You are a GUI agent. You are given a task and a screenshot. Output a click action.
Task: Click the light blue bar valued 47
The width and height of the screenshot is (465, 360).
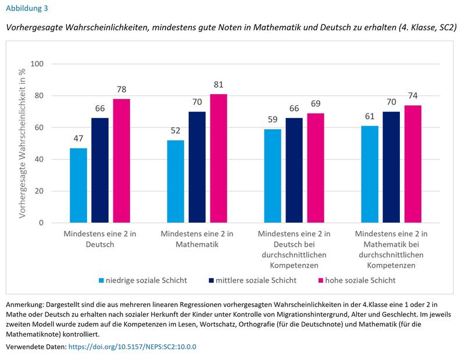pos(78,185)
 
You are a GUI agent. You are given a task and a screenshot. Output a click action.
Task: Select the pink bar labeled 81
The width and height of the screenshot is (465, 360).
pos(219,158)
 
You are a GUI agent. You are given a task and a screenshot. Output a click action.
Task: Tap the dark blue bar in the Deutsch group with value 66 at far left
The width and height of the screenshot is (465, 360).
pos(100,170)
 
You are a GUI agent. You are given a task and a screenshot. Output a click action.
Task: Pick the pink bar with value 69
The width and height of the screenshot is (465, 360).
pos(316,167)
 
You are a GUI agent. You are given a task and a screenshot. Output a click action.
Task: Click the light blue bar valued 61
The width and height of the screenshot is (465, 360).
pos(369,174)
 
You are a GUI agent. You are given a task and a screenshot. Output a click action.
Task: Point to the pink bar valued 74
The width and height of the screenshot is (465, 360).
pos(413,163)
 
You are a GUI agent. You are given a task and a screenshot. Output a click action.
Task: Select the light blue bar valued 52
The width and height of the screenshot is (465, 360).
pos(175,181)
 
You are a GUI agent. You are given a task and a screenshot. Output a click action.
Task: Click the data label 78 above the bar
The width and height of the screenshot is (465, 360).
pos(121,90)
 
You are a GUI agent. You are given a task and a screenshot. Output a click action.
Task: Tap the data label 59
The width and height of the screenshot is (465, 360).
pos(272,120)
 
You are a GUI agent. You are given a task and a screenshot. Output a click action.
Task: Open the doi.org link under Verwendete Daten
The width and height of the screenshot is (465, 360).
pos(133,346)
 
